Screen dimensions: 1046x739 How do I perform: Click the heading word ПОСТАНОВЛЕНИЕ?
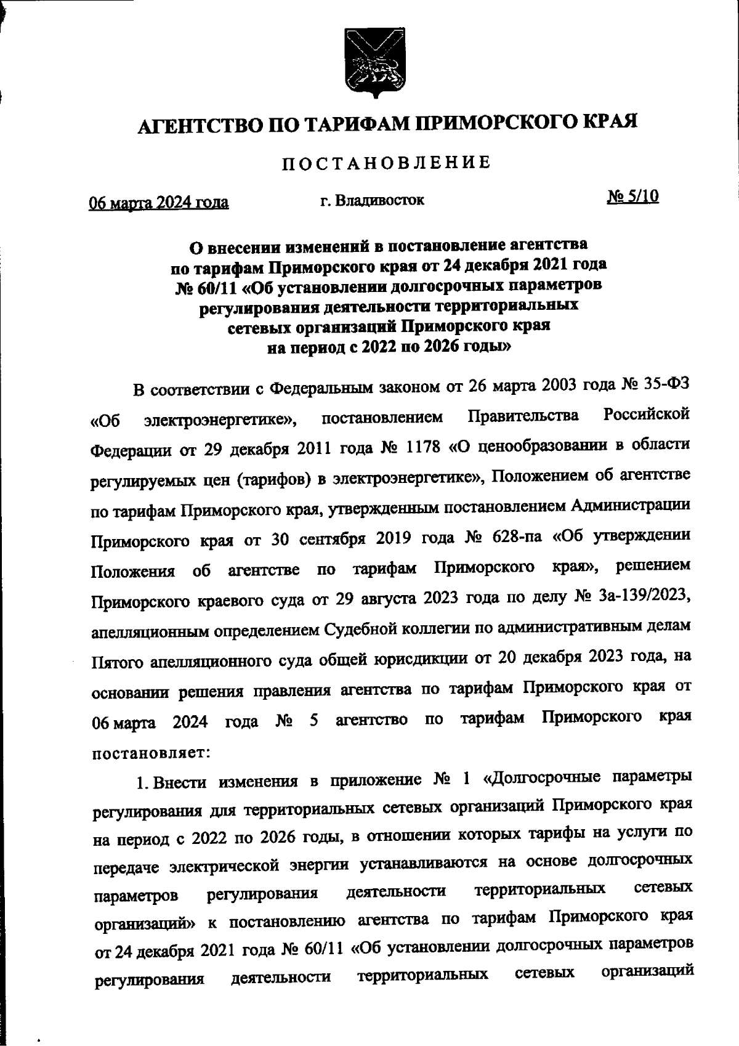(387, 163)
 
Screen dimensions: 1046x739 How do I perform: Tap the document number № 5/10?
(633, 197)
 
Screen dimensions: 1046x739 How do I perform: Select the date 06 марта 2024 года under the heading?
(159, 202)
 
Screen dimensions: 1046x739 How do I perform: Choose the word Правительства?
(523, 416)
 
